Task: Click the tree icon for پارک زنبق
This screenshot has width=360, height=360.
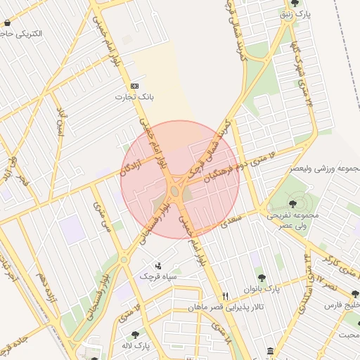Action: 294,4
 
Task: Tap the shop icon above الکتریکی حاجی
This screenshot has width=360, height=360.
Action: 7,23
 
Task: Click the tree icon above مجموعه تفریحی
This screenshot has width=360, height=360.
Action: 292,204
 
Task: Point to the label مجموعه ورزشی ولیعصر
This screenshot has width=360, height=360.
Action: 324,169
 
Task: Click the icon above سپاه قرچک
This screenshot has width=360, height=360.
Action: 158,266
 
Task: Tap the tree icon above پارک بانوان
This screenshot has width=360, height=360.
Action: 262,278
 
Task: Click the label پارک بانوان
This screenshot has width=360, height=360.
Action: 262,289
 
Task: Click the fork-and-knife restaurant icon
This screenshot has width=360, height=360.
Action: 225,296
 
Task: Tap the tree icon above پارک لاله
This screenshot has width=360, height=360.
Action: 134,335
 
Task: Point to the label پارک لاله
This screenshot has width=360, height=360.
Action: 135,346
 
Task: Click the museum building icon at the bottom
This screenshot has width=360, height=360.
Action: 271,351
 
